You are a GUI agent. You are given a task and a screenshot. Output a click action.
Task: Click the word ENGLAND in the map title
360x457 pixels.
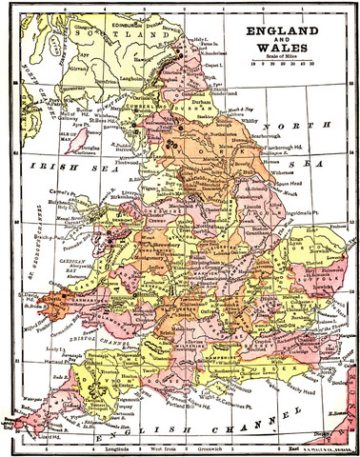pos(292,31)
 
